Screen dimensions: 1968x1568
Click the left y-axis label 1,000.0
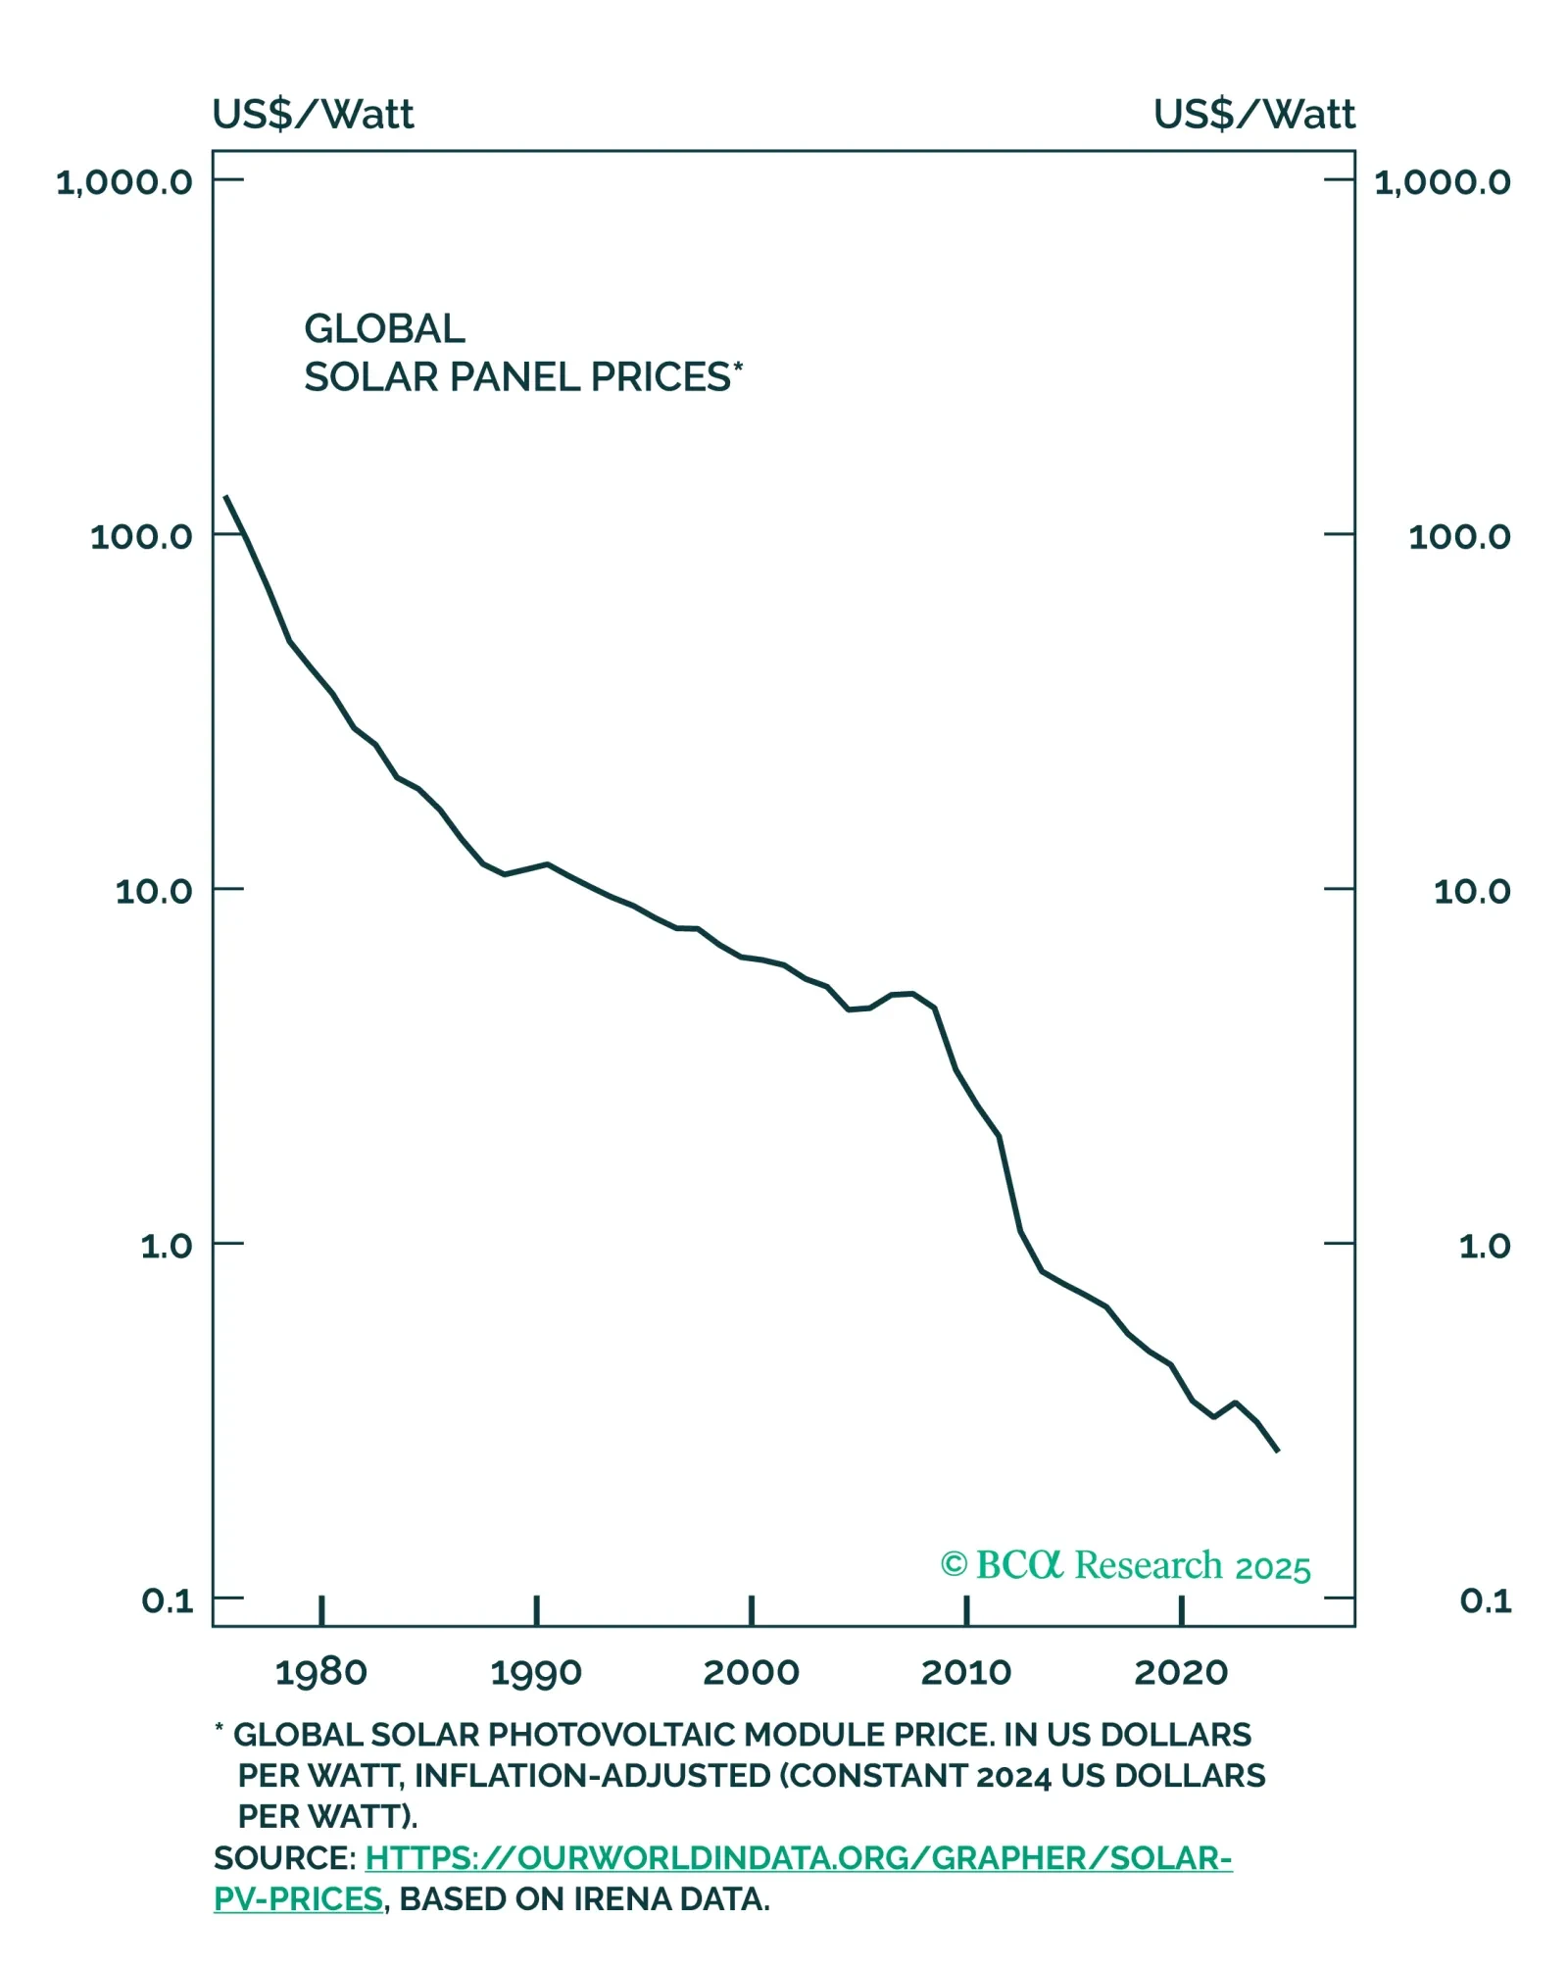click(124, 181)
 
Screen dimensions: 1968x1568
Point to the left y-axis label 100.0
click(141, 536)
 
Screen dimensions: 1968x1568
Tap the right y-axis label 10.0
click(1472, 891)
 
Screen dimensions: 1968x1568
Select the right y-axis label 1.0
click(1485, 1246)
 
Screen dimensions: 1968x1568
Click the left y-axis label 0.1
click(168, 1600)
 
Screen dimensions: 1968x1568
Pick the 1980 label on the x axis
click(321, 1672)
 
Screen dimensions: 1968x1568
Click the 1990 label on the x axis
click(536, 1672)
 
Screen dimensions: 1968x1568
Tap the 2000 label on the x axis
click(752, 1672)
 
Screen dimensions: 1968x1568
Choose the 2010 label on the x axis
click(966, 1672)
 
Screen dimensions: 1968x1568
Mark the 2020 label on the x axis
click(1181, 1672)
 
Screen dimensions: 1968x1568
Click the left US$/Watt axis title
click(314, 115)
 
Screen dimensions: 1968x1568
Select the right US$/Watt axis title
click(1254, 115)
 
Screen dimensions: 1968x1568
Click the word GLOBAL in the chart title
click(384, 329)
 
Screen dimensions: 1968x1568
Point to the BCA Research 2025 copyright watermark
click(1125, 1565)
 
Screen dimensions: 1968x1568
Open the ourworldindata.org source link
click(799, 1858)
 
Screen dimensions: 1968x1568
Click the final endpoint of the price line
click(1278, 1451)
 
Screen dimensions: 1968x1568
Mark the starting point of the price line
click(225, 496)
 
